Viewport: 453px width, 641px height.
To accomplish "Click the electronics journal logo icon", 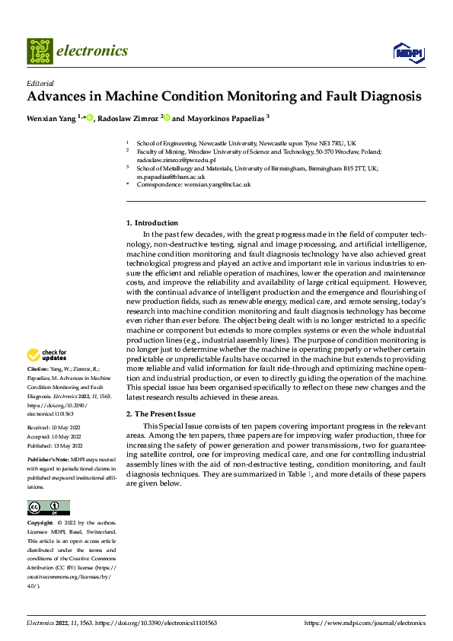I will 40,51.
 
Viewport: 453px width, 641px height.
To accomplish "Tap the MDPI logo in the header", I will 408,52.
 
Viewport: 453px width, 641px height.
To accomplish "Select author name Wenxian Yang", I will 51,118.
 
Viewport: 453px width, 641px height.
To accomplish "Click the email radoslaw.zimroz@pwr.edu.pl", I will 176,161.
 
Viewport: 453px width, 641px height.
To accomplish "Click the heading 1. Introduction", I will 152,223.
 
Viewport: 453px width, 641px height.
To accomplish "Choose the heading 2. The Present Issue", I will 161,413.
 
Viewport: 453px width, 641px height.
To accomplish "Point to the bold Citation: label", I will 40,369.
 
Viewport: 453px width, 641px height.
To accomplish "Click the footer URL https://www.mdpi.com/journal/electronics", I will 365,623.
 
